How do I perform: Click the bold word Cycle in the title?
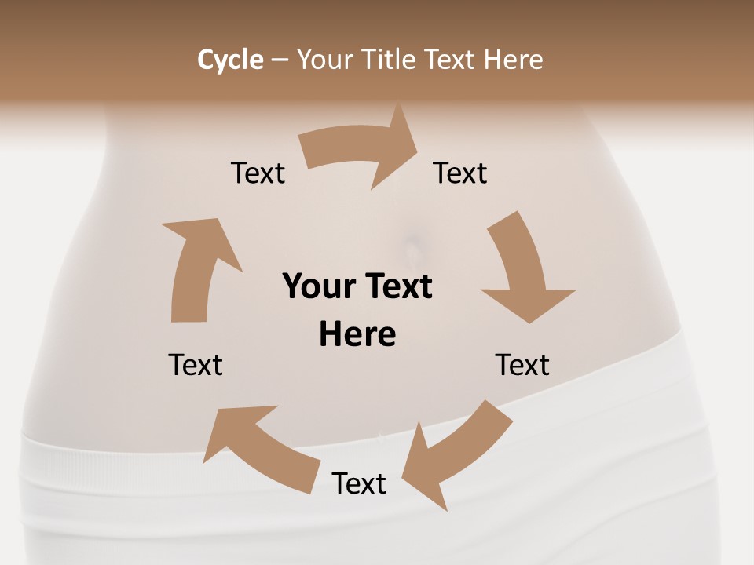pyautogui.click(x=230, y=60)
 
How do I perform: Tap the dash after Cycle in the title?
pyautogui.click(x=280, y=60)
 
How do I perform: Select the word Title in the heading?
pyautogui.click(x=390, y=60)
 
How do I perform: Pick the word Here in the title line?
pyautogui.click(x=513, y=60)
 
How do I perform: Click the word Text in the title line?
pyautogui.click(x=451, y=60)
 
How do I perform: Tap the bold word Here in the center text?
pyautogui.click(x=357, y=335)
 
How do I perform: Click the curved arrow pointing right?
pyautogui.click(x=361, y=149)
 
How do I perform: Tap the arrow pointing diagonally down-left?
pyautogui.click(x=456, y=455)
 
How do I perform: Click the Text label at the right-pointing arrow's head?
pyautogui.click(x=460, y=173)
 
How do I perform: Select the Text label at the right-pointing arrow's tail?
pyautogui.click(x=258, y=173)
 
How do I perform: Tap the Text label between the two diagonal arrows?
pyautogui.click(x=359, y=483)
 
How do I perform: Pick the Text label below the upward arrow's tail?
pyautogui.click(x=196, y=365)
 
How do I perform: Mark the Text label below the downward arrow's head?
pyautogui.click(x=522, y=365)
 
